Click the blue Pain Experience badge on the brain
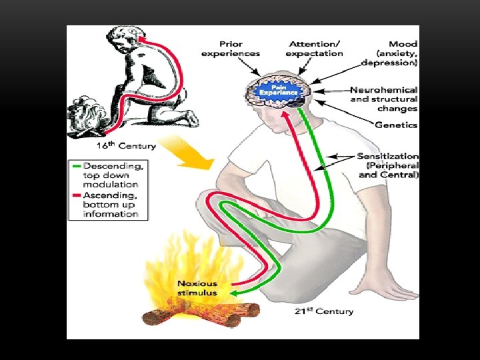[x=276, y=89]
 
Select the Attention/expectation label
[x=314, y=49]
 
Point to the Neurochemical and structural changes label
[x=384, y=99]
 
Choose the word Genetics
[x=396, y=125]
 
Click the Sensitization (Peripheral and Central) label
[x=388, y=165]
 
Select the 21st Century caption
[x=325, y=311]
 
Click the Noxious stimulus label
[x=197, y=288]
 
